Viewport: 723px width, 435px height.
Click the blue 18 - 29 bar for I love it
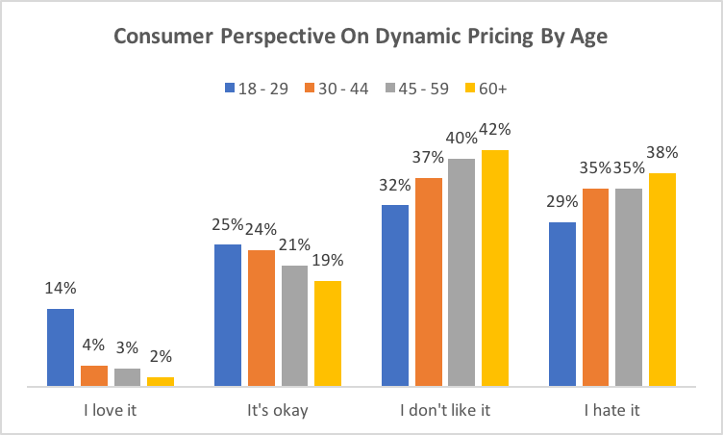point(61,347)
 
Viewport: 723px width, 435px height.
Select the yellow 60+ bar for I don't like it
point(495,269)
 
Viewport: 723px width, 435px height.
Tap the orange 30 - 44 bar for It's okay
point(262,319)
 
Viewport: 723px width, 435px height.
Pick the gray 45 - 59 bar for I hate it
point(629,288)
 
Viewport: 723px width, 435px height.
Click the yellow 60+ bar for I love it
point(161,381)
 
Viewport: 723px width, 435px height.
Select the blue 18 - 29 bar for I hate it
point(562,304)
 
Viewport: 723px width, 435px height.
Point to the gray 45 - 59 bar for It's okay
point(294,325)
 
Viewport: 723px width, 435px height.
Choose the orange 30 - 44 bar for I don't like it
point(429,282)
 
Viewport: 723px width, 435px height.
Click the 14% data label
point(61,288)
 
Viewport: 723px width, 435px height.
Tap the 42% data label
point(496,129)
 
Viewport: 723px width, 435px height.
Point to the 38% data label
point(662,152)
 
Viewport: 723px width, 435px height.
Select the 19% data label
point(328,260)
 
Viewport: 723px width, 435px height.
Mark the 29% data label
point(562,201)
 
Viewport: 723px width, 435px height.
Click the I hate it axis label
point(612,411)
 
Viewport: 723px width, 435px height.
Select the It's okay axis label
point(278,411)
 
